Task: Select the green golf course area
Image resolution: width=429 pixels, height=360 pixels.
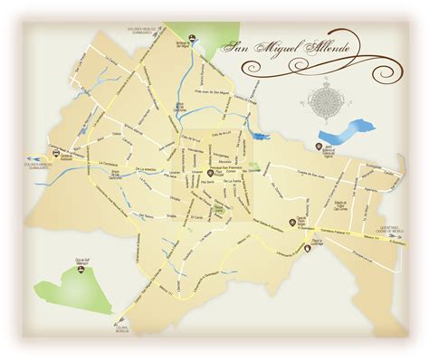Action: pyautogui.click(x=62, y=287)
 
